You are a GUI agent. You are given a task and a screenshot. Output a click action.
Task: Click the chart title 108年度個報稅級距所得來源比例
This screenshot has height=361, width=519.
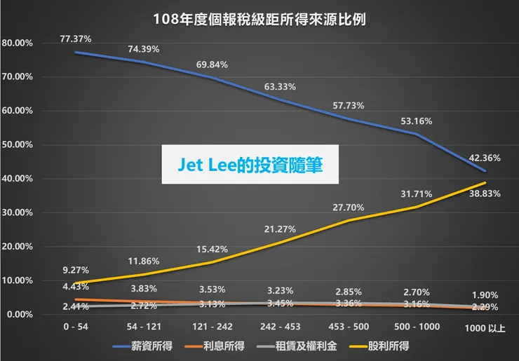click(259, 19)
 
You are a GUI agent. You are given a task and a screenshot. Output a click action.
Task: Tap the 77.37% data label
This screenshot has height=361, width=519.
click(75, 39)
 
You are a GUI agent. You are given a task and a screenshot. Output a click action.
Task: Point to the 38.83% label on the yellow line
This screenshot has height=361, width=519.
click(485, 193)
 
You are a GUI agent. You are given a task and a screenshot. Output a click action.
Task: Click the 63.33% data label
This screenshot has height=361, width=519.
click(280, 87)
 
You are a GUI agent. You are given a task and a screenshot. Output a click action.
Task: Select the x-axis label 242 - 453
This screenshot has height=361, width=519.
click(281, 327)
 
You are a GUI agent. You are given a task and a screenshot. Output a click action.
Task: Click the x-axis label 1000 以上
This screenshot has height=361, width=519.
click(485, 328)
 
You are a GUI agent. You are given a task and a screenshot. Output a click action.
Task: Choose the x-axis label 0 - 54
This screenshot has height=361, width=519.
click(75, 327)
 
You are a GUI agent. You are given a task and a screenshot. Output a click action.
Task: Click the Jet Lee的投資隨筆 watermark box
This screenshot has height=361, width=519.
click(250, 165)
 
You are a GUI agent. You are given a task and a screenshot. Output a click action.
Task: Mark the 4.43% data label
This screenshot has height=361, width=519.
click(75, 285)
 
